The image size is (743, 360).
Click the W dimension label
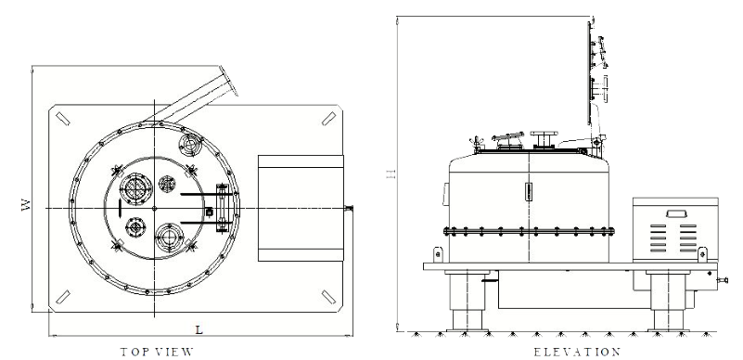coord(26,205)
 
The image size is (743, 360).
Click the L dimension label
coord(199,329)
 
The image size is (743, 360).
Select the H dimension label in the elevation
coord(391,174)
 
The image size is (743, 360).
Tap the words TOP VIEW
coord(157,352)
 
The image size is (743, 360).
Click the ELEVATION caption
coord(577,352)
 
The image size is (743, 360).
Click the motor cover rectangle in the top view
coord(301,208)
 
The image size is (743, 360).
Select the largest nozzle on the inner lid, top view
coord(135,188)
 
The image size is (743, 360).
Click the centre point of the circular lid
coord(154,208)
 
